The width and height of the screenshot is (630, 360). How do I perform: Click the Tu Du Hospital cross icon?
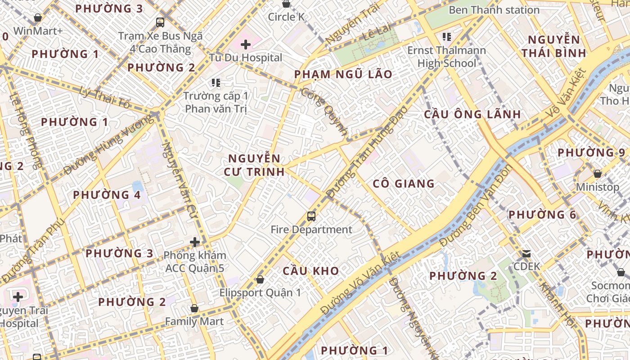coord(245,45)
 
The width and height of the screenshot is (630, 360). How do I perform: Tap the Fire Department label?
coord(311,229)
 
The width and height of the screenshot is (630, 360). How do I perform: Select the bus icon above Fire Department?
coord(311,216)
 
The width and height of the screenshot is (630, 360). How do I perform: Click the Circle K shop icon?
coord(286,4)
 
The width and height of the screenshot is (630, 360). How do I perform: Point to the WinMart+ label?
coord(38,31)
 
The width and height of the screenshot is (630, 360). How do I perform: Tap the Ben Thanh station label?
coord(494,10)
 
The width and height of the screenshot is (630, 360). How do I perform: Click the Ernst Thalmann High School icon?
coord(446,36)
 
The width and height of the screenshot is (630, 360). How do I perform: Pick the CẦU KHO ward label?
coord(310,271)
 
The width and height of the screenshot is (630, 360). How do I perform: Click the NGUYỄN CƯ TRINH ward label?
coord(254,165)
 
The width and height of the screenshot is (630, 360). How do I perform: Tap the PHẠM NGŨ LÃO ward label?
coord(343,74)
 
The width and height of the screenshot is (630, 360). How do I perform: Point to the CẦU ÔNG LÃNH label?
coord(472,114)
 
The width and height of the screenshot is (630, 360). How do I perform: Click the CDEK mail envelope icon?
coord(526,254)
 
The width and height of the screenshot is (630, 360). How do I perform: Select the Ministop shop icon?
coord(598,174)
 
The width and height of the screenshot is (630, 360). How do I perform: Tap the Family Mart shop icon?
coord(194,309)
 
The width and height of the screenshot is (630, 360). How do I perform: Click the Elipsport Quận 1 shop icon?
coord(260,279)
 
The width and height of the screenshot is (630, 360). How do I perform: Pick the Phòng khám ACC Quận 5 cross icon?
coord(194,242)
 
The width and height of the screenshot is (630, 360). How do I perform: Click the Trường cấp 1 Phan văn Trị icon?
coord(216,83)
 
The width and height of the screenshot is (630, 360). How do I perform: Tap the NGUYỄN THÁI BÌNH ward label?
coord(554,46)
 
